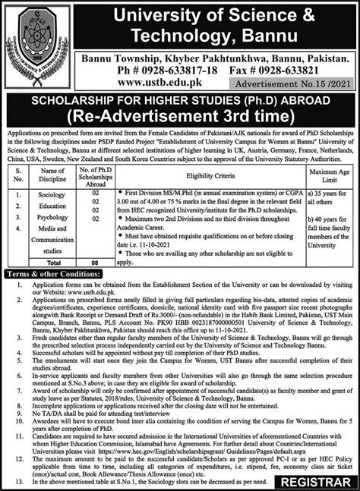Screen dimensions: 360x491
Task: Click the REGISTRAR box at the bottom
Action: click(x=314, y=480)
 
